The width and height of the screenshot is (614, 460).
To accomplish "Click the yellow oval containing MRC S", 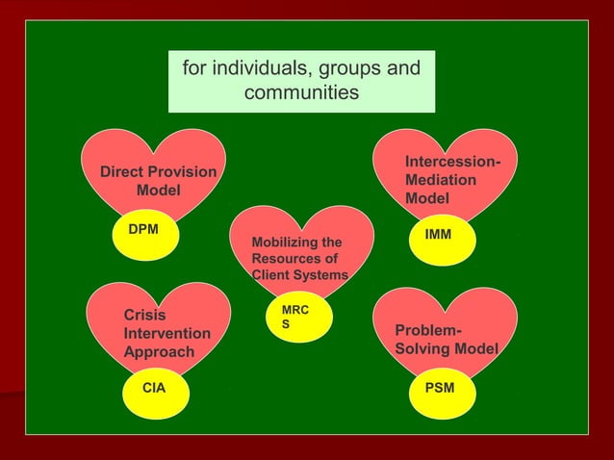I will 299,319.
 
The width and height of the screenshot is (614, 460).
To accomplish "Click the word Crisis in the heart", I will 144,316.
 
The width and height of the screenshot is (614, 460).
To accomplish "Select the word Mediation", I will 441,180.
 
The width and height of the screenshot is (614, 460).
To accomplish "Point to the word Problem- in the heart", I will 421,330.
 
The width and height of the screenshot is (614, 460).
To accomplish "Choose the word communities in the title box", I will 301,93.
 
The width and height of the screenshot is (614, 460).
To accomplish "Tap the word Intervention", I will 167,334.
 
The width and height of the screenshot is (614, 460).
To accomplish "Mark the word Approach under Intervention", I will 159,352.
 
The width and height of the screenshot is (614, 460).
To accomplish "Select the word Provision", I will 183,172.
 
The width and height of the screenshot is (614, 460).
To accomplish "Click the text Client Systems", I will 299,275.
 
